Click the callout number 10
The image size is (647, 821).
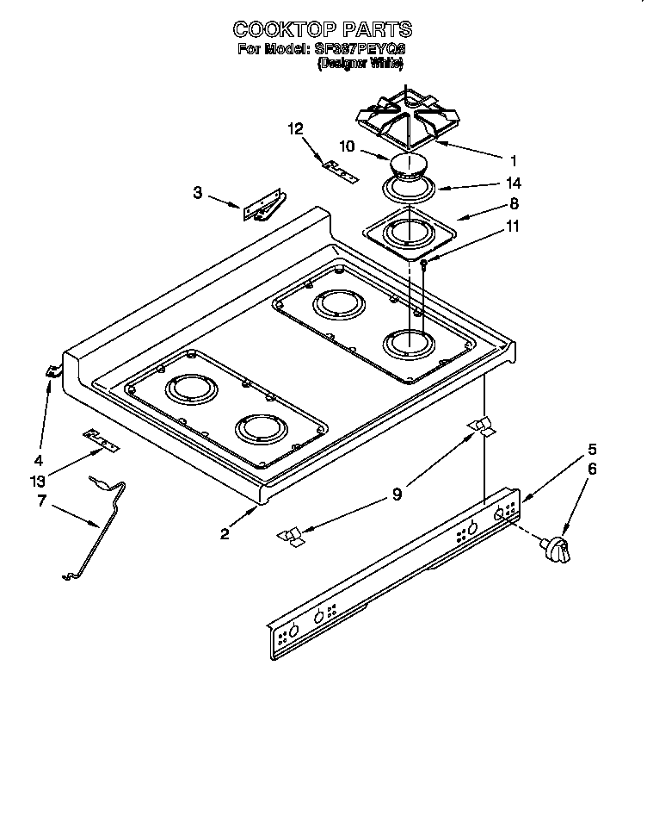click(347, 147)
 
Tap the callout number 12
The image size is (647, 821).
click(295, 129)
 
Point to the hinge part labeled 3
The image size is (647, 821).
click(262, 209)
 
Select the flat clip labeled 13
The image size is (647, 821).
click(101, 441)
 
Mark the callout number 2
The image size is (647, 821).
click(225, 534)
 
